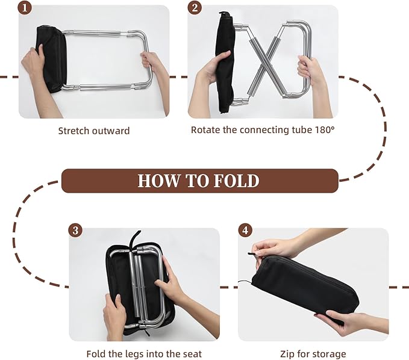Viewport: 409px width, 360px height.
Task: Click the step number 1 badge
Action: click(24, 8)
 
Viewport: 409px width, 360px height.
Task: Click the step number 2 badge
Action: click(194, 8)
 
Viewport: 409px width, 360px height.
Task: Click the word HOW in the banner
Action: click(158, 181)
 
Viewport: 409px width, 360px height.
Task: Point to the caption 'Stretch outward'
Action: click(93, 130)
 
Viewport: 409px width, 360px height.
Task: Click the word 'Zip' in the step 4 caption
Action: click(287, 354)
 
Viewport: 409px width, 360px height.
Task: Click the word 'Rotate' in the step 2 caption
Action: click(205, 129)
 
